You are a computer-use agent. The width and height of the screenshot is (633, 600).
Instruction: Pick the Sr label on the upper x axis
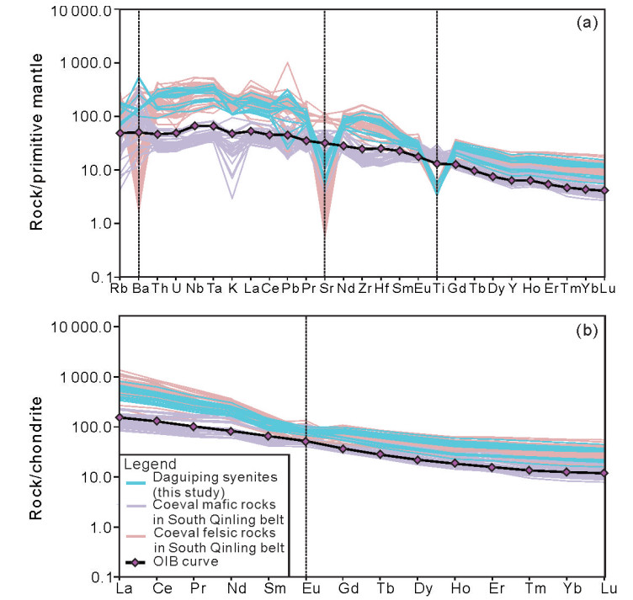[x=325, y=289]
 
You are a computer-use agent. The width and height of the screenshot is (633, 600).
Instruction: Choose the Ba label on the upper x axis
[x=139, y=289]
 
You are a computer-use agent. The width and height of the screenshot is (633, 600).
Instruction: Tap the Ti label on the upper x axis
[x=437, y=289]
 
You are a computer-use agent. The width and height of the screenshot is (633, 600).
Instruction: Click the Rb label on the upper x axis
[x=120, y=289]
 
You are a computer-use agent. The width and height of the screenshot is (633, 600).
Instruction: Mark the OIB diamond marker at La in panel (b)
[x=120, y=417]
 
